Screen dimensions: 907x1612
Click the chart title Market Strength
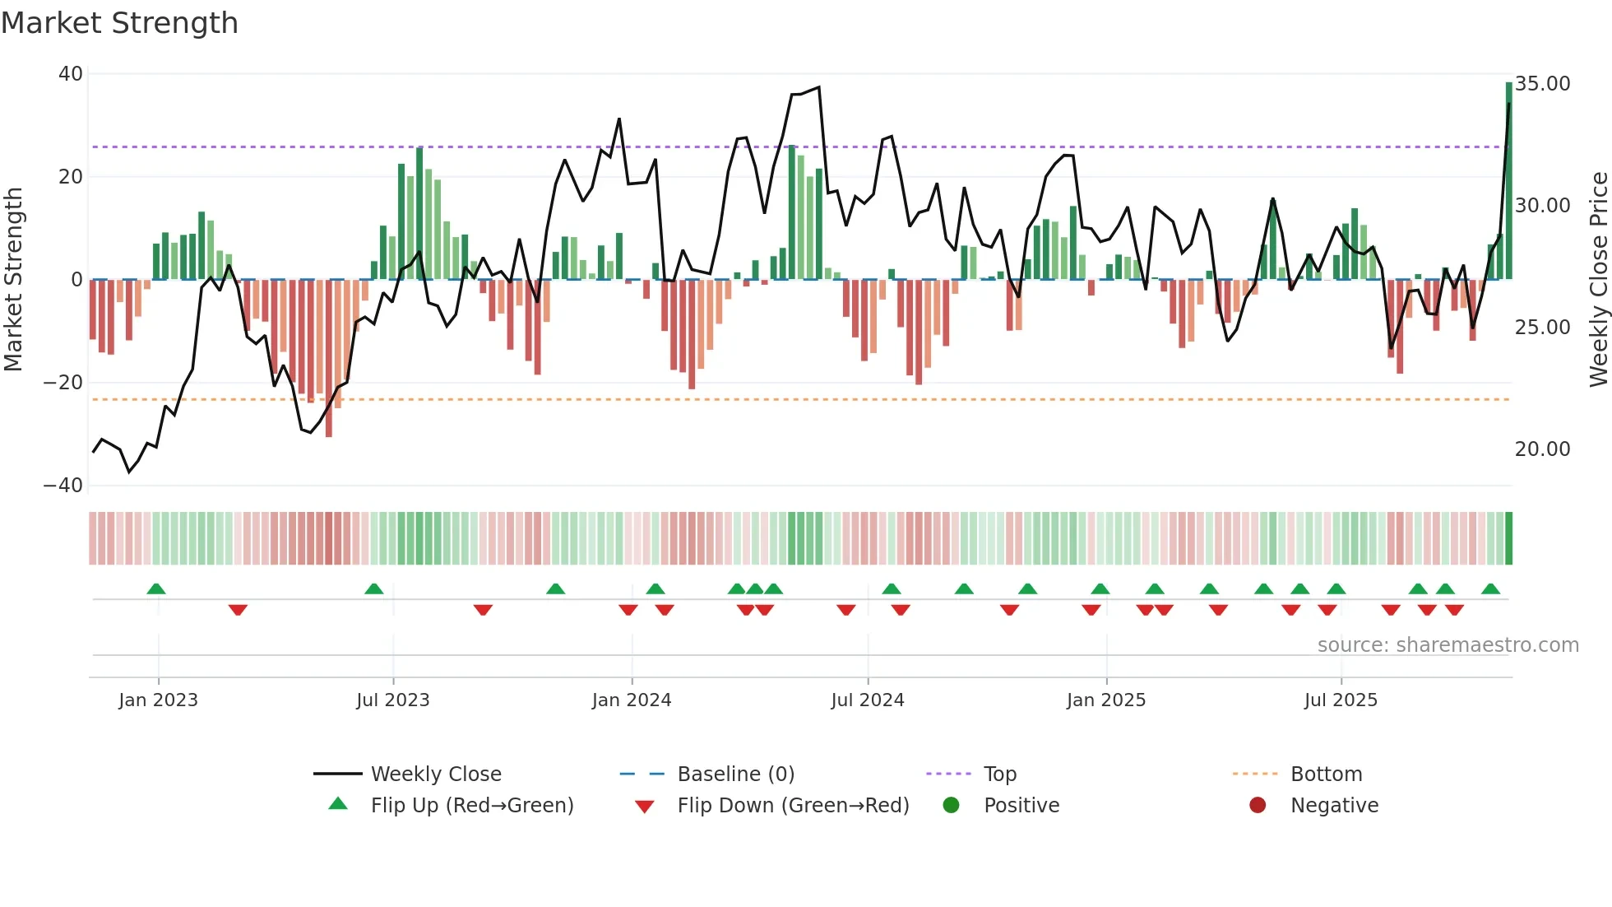[x=119, y=23]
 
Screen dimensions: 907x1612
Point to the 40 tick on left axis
[x=71, y=74]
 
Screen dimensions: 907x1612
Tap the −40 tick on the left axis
[x=64, y=486]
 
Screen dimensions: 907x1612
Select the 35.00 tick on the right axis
[x=1542, y=84]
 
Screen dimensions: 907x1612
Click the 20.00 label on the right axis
[x=1542, y=449]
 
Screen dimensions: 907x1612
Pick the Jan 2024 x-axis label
[x=631, y=700]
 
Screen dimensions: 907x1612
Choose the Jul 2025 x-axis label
[x=1340, y=700]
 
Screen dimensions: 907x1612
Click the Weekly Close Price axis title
[x=1598, y=280]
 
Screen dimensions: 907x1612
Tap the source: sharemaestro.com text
[x=1448, y=645]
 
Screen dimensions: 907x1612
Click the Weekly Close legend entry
[x=435, y=774]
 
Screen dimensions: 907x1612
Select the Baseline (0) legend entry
[x=735, y=774]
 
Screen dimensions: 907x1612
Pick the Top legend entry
[x=999, y=774]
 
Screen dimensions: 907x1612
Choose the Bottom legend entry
[x=1326, y=774]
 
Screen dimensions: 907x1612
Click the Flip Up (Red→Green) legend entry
[x=471, y=806]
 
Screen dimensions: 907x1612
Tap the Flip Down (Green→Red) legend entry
[x=793, y=806]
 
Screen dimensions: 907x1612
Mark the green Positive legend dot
[x=951, y=806]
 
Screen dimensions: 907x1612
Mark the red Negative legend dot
[x=1257, y=806]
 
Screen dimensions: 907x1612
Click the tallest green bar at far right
[x=1508, y=181]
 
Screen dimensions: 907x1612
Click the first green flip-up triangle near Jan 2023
[x=156, y=588]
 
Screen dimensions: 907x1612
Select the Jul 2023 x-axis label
[x=392, y=700]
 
